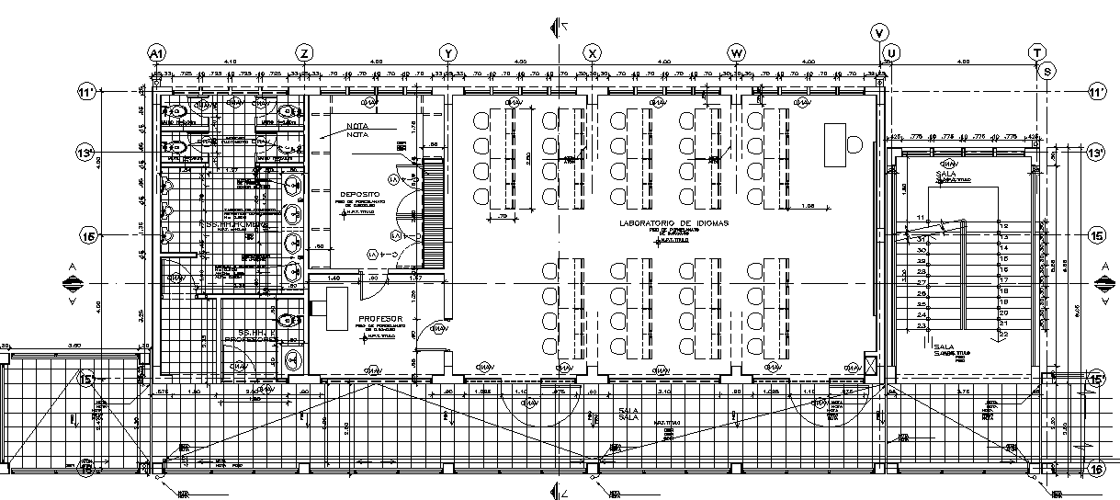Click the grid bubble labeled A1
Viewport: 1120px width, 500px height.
pyautogui.click(x=157, y=51)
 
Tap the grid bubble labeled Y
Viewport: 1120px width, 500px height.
pyautogui.click(x=448, y=51)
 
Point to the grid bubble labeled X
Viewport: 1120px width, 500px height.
pyautogui.click(x=594, y=51)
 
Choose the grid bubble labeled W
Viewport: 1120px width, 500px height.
pyautogui.click(x=736, y=51)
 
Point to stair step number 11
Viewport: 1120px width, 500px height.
pyautogui.click(x=920, y=217)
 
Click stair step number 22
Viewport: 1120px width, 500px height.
pyautogui.click(x=1003, y=335)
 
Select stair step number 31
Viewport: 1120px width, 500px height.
pyautogui.click(x=920, y=238)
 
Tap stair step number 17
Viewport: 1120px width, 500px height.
pyautogui.click(x=1003, y=280)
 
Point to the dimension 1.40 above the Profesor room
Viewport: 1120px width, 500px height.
pyautogui.click(x=333, y=277)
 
